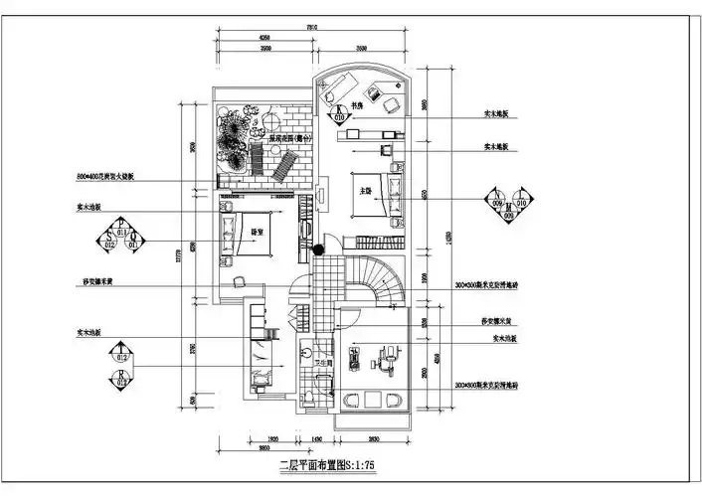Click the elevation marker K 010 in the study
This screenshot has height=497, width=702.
pos(340,112)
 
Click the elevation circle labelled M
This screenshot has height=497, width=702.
pos(509,209)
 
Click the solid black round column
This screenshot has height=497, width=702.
pos(319,249)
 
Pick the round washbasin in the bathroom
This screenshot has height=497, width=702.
pos(308,350)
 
